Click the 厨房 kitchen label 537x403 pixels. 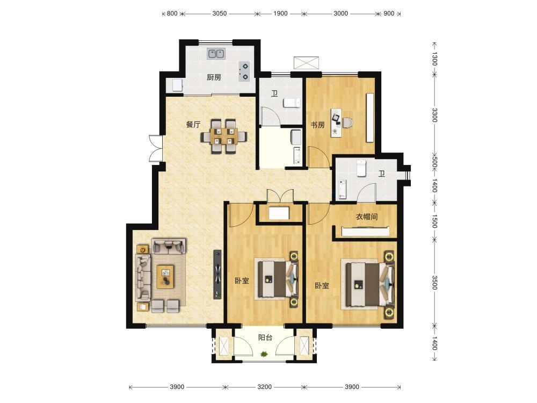click(x=214, y=77)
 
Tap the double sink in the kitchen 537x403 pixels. click(x=216, y=54)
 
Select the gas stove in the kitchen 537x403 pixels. click(x=244, y=71)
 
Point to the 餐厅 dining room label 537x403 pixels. click(x=193, y=125)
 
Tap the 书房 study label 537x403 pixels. click(x=317, y=125)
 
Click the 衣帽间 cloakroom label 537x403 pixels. click(x=367, y=217)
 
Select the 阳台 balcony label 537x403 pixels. click(x=265, y=337)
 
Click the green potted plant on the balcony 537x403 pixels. click(x=264, y=354)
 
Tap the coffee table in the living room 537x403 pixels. click(x=165, y=277)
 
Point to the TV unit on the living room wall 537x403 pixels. click(x=217, y=274)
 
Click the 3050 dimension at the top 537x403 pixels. click(x=220, y=13)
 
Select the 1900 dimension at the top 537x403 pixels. click(x=280, y=13)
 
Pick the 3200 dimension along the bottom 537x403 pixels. click(x=264, y=387)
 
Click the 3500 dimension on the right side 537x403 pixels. click(x=434, y=283)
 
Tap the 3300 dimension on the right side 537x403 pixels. click(x=434, y=115)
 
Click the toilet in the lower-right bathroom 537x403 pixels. click(x=361, y=168)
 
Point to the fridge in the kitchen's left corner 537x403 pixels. click(x=177, y=85)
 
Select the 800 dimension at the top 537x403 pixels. click(x=172, y=13)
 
